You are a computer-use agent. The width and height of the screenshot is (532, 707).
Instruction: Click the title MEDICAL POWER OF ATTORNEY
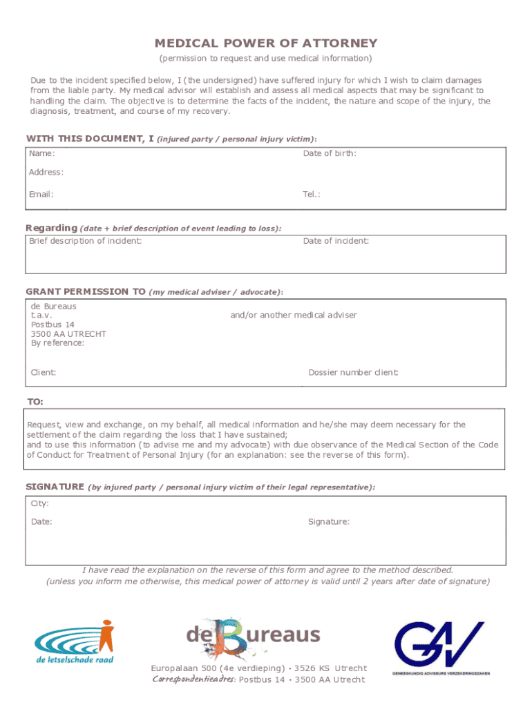(x=266, y=43)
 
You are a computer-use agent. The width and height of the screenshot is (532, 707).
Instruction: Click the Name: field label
(x=41, y=153)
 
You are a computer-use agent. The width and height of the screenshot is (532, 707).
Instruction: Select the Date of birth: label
(x=330, y=153)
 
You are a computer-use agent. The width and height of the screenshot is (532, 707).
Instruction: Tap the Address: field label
(x=46, y=172)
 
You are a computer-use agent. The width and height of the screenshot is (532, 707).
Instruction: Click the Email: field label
(x=41, y=194)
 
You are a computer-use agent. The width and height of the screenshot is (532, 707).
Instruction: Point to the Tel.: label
(x=312, y=194)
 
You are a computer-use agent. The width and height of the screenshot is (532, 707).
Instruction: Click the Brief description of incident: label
(x=86, y=241)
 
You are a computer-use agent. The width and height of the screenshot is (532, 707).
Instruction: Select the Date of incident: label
(x=336, y=241)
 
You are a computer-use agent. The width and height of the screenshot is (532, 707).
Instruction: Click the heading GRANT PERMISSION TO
(x=86, y=291)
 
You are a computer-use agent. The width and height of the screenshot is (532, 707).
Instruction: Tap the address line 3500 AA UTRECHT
(x=68, y=333)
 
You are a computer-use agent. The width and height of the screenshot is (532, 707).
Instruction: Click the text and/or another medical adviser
(x=294, y=315)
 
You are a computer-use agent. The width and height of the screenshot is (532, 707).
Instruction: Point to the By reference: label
(x=57, y=342)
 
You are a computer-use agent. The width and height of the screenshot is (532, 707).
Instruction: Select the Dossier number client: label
(x=354, y=372)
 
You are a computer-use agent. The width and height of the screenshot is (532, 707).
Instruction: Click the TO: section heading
(x=35, y=401)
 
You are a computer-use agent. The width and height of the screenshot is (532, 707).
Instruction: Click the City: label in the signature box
(x=40, y=503)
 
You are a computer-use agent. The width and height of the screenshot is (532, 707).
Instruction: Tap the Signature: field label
(x=329, y=521)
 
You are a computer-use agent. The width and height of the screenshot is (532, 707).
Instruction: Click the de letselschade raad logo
(x=74, y=641)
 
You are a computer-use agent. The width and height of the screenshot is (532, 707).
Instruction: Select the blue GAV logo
(x=439, y=648)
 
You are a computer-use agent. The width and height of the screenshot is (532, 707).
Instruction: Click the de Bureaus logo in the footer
(x=254, y=635)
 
